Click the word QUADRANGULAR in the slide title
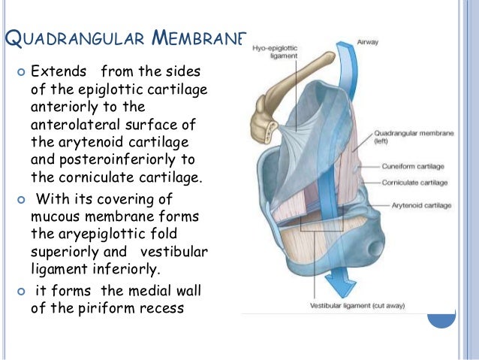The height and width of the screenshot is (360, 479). pyautogui.click(x=71, y=38)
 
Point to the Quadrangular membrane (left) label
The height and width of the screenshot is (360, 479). pyautogui.click(x=405, y=138)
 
